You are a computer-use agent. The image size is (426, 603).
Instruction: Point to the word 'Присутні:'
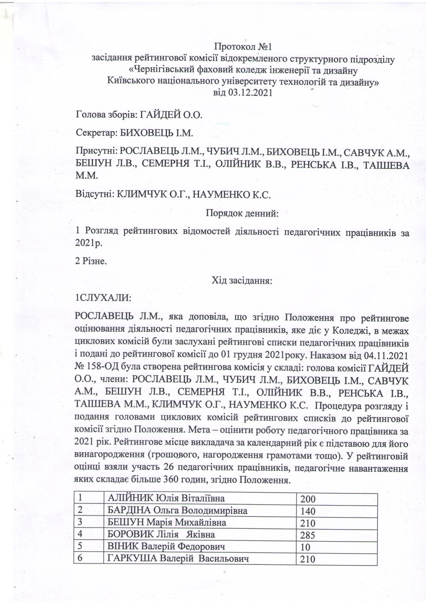[95, 152]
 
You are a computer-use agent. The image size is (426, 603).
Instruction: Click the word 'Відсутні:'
[95, 194]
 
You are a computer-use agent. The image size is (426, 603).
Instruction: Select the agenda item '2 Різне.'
[91, 262]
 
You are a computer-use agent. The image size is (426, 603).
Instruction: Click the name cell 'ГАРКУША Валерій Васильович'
[178, 559]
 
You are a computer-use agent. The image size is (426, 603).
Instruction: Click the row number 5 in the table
[81, 547]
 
